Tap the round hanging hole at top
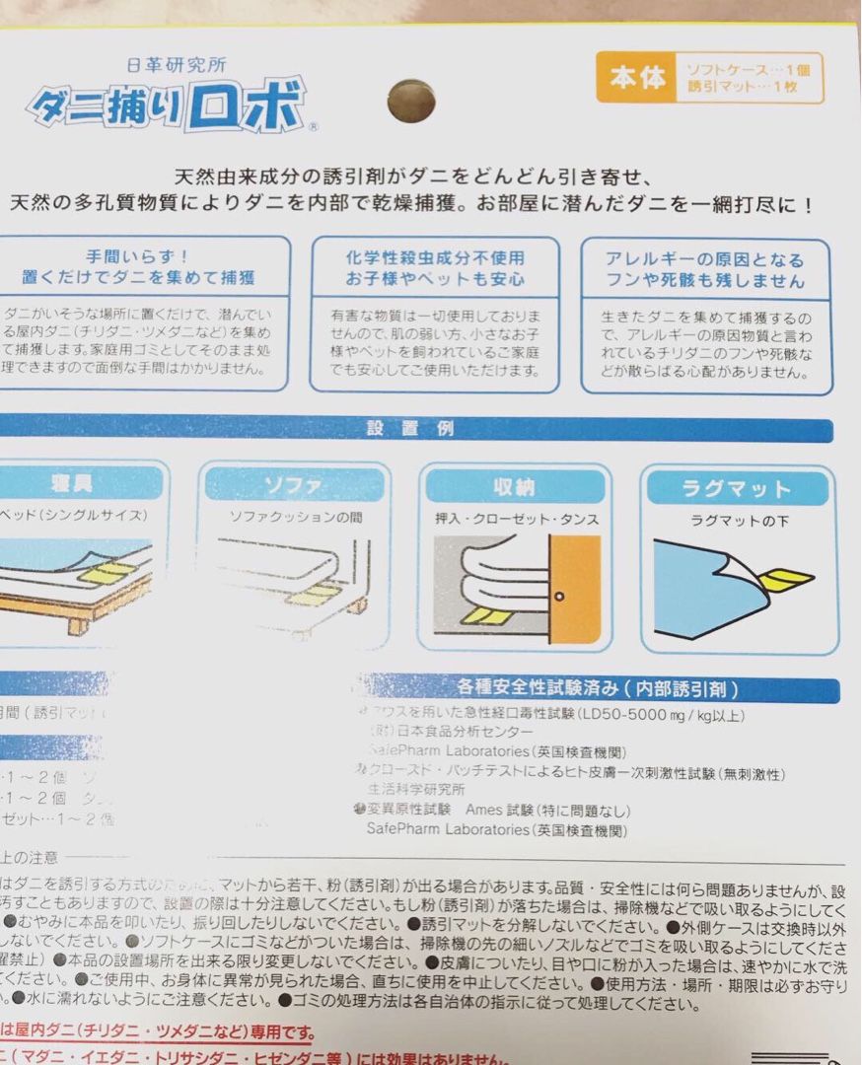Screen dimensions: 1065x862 pos(412,101)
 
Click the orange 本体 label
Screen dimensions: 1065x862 pos(637,79)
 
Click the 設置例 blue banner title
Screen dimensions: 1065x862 pos(409,429)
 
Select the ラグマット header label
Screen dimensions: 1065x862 pos(738,488)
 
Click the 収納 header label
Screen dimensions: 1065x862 pos(514,486)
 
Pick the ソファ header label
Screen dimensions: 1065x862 pos(294,486)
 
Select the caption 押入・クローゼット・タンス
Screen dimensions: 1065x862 pos(517,518)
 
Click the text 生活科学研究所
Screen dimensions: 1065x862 pos(415,790)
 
